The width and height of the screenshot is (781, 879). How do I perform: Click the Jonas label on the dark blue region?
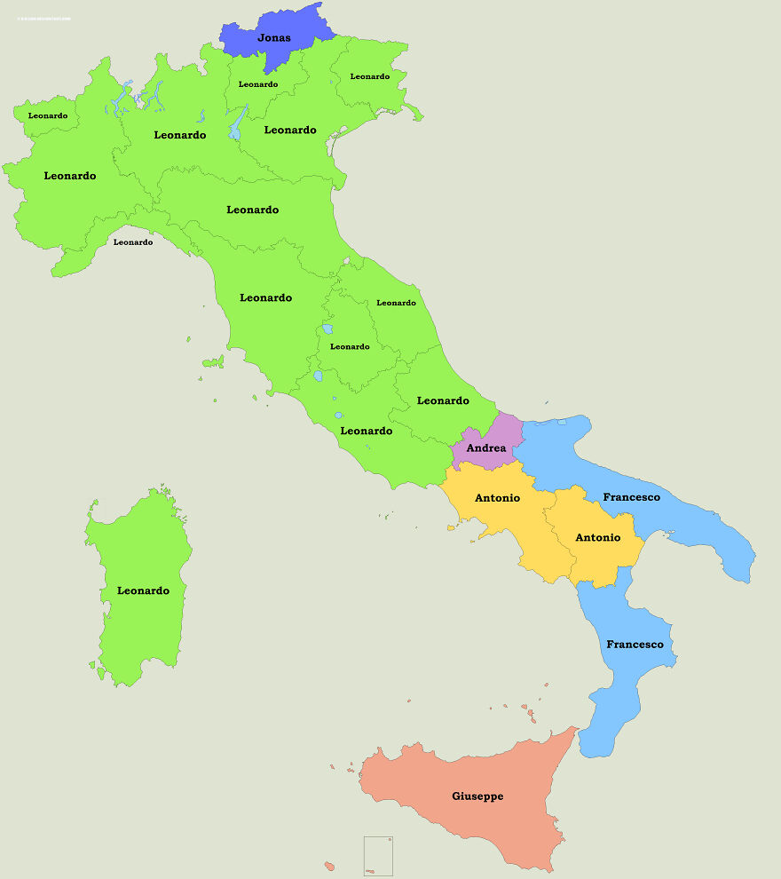click(273, 38)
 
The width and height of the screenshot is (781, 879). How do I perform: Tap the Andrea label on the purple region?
click(486, 448)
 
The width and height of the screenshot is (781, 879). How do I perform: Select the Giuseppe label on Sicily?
click(477, 796)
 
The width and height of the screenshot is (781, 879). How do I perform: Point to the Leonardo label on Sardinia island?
click(143, 590)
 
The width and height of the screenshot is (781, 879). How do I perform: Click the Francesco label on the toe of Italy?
click(635, 644)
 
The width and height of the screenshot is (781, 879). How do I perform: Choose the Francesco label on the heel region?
click(631, 497)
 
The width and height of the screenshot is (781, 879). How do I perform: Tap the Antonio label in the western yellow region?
click(497, 498)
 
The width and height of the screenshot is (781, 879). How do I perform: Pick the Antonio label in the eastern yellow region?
click(597, 537)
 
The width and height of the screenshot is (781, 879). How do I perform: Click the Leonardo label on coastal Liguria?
click(133, 242)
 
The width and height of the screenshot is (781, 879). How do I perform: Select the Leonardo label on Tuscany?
click(265, 297)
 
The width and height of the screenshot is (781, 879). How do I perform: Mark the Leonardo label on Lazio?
click(367, 431)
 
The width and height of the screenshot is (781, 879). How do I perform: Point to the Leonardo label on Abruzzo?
click(443, 400)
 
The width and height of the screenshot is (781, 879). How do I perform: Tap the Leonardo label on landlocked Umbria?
click(350, 346)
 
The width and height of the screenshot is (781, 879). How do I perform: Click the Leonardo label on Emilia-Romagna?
click(253, 210)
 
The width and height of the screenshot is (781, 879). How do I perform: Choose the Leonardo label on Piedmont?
click(70, 176)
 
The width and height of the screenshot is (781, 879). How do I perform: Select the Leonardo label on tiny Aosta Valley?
click(48, 115)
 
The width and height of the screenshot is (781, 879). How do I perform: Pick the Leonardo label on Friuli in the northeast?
click(370, 76)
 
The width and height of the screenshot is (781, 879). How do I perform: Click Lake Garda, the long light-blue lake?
click(237, 124)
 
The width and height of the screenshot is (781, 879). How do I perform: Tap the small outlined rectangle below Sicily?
click(378, 856)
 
